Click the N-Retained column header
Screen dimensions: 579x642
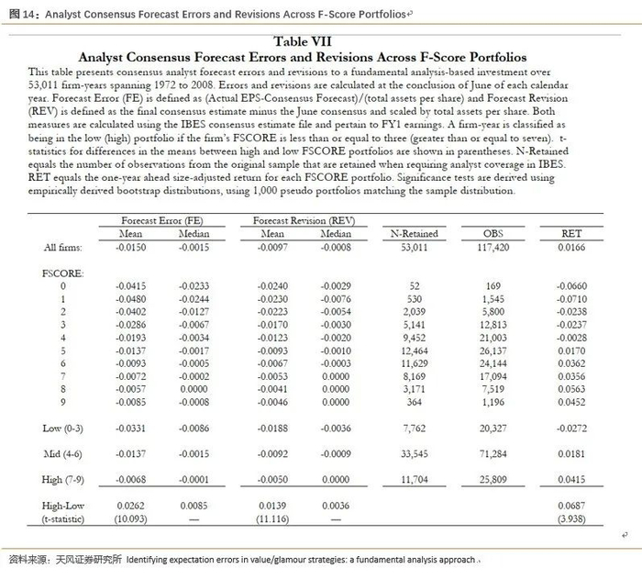(414, 234)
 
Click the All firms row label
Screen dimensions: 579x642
(62, 248)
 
